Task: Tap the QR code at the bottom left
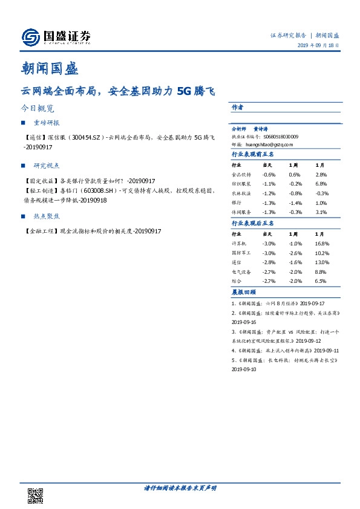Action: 35,496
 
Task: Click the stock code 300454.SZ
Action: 88,138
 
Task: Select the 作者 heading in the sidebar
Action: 237,107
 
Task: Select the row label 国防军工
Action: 240,253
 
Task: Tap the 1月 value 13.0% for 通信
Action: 322,262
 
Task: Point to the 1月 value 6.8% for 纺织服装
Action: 321,184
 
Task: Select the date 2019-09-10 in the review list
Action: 244,369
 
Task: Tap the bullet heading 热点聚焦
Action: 47,216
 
